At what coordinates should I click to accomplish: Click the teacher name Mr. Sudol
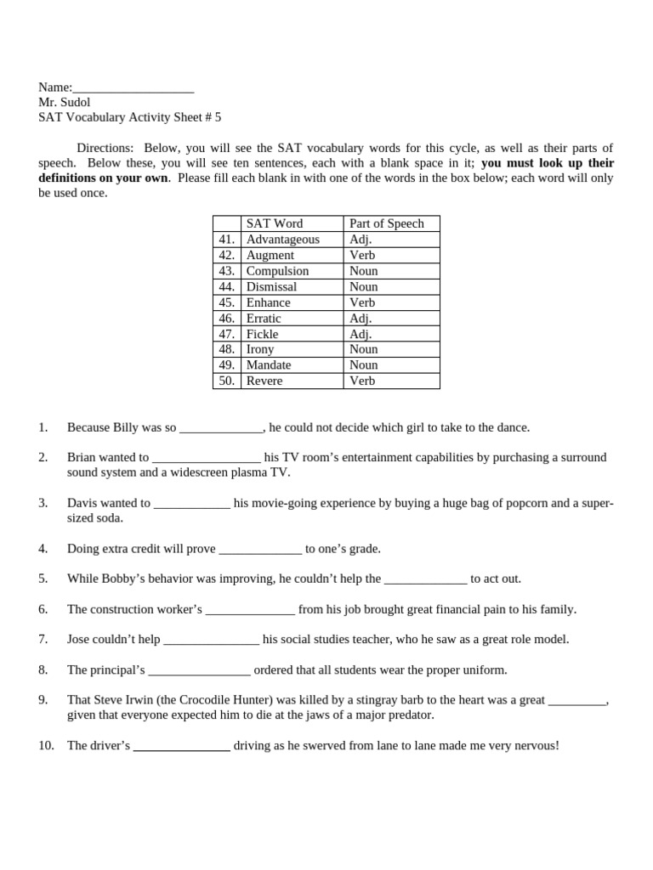[x=65, y=102]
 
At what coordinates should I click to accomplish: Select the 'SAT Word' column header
[x=274, y=223]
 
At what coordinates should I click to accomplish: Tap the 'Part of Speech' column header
[x=386, y=223]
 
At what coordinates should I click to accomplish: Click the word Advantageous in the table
[x=282, y=240]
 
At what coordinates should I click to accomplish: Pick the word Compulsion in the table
[x=277, y=271]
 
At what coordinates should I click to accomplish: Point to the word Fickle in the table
[x=262, y=334]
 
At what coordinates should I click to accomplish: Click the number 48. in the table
[x=226, y=349]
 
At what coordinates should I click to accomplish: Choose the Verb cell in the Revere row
[x=361, y=381]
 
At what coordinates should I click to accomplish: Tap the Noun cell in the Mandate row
[x=363, y=365]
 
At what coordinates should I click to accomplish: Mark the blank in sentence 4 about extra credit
[x=260, y=550]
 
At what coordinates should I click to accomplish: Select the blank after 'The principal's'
[x=199, y=670]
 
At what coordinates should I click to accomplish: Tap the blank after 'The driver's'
[x=182, y=747]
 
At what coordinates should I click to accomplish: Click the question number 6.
[x=43, y=609]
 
